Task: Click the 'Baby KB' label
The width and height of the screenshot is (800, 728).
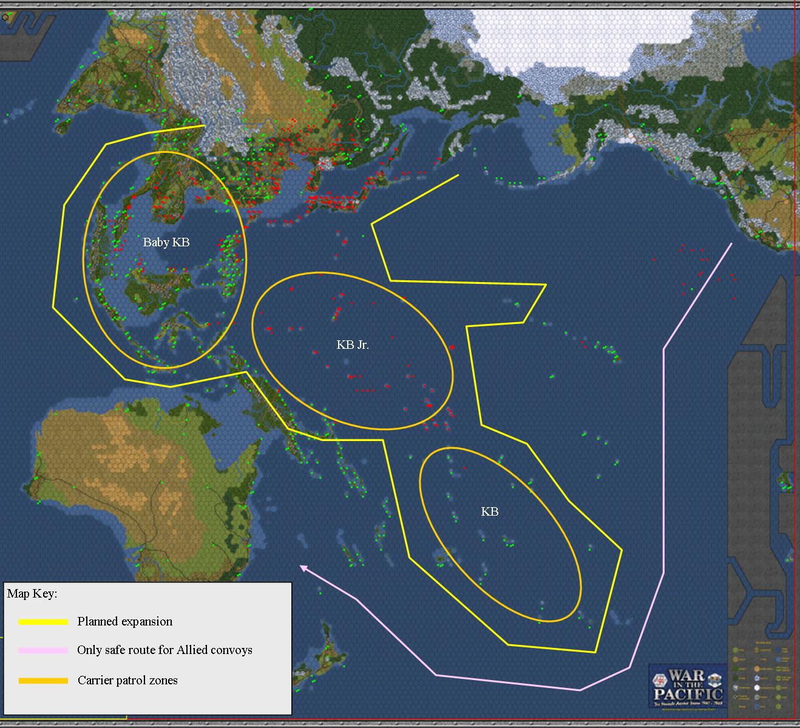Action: coord(166,243)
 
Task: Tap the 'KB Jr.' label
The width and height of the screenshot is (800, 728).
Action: coord(353,345)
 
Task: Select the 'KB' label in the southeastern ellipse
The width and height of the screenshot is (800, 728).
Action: coord(490,512)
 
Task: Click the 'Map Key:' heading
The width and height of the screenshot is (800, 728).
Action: coord(32,593)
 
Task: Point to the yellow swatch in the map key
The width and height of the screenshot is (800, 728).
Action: coord(43,622)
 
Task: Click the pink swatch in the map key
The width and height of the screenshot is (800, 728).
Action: coord(43,650)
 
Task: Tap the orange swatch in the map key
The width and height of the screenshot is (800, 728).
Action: coord(43,681)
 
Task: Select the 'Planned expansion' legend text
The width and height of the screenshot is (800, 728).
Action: coord(125,622)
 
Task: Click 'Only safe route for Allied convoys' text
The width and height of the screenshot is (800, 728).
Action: coord(164,650)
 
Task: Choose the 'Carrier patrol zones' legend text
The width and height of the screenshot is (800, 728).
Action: coord(127,681)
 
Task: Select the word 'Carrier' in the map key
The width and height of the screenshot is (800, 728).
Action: coord(95,681)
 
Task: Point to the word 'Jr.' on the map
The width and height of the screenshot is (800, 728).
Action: coord(362,345)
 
